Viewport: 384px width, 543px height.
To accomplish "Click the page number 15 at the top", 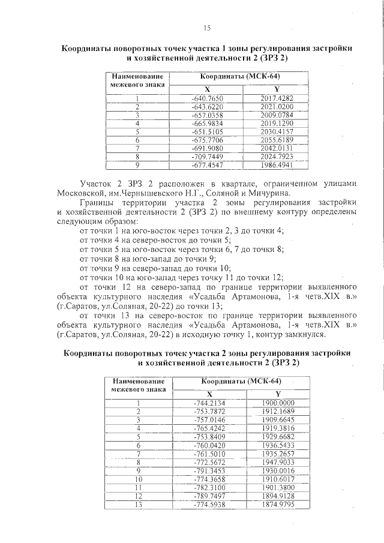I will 207,28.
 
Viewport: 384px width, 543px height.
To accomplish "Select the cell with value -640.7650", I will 206,98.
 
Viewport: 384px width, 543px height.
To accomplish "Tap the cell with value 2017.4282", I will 276,98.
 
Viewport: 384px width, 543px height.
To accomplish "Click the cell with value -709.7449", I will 206,156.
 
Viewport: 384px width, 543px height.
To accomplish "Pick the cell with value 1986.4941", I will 276,164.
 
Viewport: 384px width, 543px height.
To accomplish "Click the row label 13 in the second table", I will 139,505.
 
